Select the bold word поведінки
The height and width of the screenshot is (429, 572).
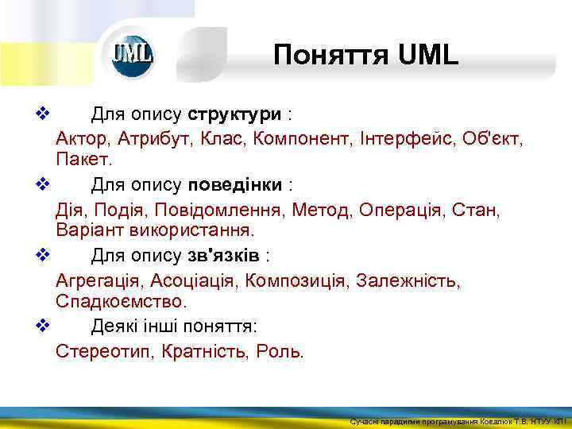pyautogui.click(x=235, y=185)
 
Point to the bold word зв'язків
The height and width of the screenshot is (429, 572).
pyautogui.click(x=226, y=256)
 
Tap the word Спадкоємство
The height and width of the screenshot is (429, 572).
pyautogui.click(x=121, y=301)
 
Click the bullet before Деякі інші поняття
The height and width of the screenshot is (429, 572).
pyautogui.click(x=43, y=327)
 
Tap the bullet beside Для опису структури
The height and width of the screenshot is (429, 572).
pyautogui.click(x=43, y=114)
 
